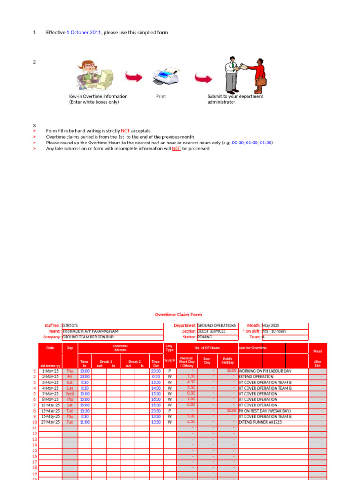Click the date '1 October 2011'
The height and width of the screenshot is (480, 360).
pyautogui.click(x=83, y=32)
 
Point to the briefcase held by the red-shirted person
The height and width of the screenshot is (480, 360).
pyautogui.click(x=261, y=82)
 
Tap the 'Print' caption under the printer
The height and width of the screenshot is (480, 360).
pyautogui.click(x=161, y=96)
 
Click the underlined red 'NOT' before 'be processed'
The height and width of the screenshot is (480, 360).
pyautogui.click(x=176, y=149)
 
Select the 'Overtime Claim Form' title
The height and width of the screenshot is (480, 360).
pyautogui.click(x=179, y=315)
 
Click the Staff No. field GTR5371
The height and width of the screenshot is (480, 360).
pyautogui.click(x=112, y=325)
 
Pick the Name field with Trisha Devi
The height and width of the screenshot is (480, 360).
pyautogui.click(x=112, y=331)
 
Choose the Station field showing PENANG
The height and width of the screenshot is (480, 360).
pyautogui.click(x=217, y=337)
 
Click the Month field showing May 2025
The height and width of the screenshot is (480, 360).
pyautogui.click(x=285, y=325)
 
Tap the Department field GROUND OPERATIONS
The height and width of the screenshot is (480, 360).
pyautogui.click(x=217, y=325)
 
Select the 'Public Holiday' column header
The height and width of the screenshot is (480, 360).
pyautogui.click(x=228, y=360)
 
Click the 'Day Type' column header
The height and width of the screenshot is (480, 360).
pyautogui.click(x=169, y=348)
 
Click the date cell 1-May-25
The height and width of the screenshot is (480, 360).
pyautogui.click(x=50, y=371)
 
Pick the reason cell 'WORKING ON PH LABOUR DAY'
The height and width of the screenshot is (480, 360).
pyautogui.click(x=273, y=371)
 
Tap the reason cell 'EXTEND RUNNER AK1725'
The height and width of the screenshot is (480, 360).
pyautogui.click(x=273, y=422)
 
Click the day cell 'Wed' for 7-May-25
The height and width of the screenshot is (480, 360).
pyautogui.click(x=70, y=394)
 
